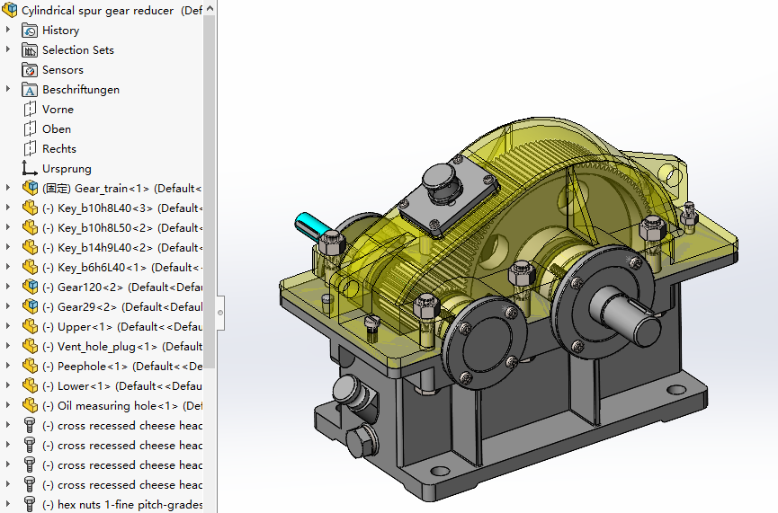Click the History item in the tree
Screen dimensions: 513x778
pos(60,31)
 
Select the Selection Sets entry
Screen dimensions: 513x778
pos(77,50)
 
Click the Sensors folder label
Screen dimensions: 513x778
pos(62,70)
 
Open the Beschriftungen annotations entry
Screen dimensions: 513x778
pos(80,90)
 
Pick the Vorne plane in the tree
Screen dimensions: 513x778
pos(58,110)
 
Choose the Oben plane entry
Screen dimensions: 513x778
pos(56,129)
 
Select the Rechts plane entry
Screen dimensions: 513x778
pos(58,149)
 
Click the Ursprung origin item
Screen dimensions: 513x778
pos(67,169)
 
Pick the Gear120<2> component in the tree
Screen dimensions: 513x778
pos(91,287)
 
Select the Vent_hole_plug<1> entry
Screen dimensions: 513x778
pos(106,347)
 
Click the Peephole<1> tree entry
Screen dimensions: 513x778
pos(92,367)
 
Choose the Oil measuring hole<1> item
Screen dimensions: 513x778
pos(117,406)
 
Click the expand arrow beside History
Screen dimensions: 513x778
pos(8,31)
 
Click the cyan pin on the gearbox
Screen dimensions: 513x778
pos(310,226)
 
